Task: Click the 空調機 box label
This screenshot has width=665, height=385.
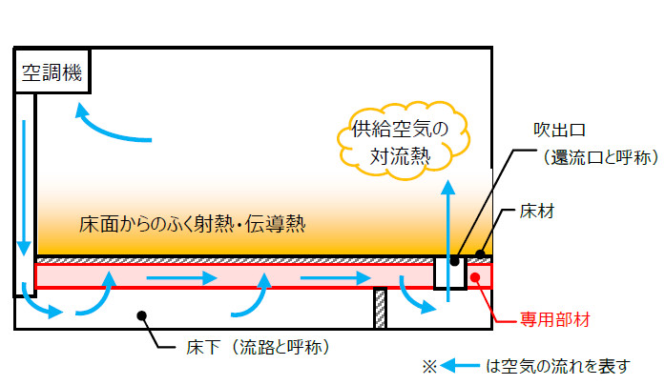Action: pyautogui.click(x=53, y=71)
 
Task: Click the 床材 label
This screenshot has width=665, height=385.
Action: pyautogui.click(x=536, y=210)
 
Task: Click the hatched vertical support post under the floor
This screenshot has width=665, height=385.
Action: pyautogui.click(x=379, y=308)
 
